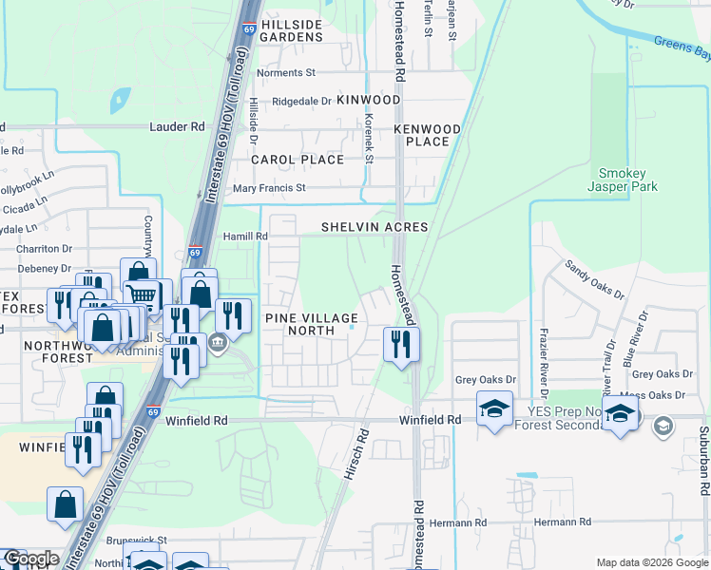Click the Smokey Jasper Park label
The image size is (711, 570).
623,180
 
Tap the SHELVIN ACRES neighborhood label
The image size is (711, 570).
375,227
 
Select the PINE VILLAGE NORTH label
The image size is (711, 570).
312,324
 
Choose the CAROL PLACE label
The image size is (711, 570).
298,160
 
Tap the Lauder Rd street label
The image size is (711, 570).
177,126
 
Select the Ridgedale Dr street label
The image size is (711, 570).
302,101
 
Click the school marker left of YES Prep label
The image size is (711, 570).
493,409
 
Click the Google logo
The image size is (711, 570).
30,559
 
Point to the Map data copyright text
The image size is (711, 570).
651,562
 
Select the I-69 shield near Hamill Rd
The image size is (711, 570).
194,253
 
